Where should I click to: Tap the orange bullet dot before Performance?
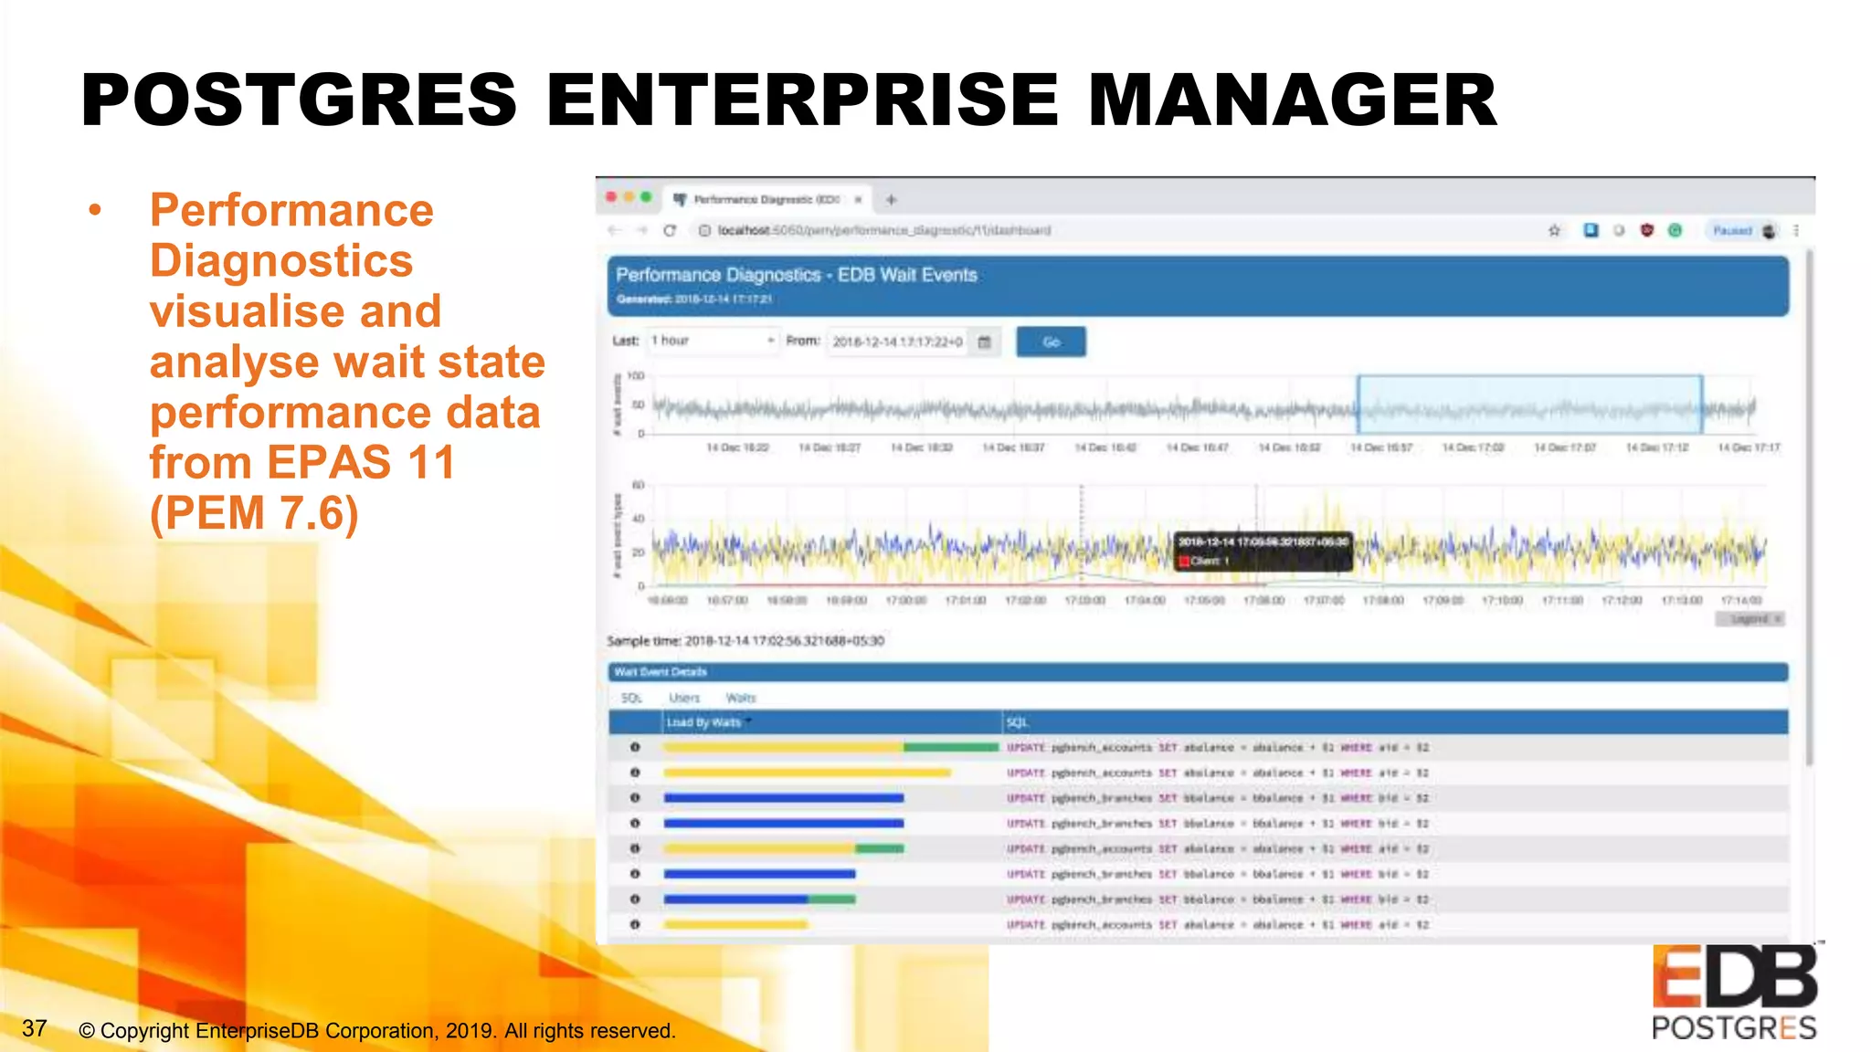click(x=95, y=211)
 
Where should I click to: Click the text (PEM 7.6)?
click(x=254, y=512)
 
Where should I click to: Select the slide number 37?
click(x=35, y=1028)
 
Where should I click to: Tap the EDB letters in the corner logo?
click(x=1734, y=976)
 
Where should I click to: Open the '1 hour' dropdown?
click(x=713, y=341)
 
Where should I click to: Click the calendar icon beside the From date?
click(x=985, y=342)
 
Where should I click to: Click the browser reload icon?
click(x=670, y=230)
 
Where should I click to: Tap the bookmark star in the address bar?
click(x=1554, y=230)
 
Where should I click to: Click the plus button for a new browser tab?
click(x=891, y=199)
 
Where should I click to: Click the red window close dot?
click(x=611, y=197)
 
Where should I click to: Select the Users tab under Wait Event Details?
click(x=684, y=698)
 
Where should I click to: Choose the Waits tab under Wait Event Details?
click(x=741, y=698)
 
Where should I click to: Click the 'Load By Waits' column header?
click(x=704, y=722)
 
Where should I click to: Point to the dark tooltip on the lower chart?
click(x=1262, y=551)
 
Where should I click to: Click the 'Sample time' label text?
click(x=644, y=641)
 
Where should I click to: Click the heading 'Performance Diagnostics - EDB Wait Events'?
click(x=796, y=275)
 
